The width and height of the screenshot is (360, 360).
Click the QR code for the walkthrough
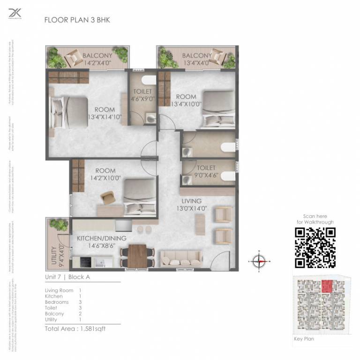click(x=315, y=247)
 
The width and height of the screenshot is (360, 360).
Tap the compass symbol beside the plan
click(x=259, y=261)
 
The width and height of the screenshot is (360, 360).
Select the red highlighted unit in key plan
click(x=327, y=285)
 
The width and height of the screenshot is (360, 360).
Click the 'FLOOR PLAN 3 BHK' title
click(x=77, y=20)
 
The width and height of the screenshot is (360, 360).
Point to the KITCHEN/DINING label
click(x=102, y=238)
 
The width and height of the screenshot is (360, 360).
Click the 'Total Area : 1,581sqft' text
click(x=75, y=329)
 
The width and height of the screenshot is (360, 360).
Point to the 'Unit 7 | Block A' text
click(x=67, y=277)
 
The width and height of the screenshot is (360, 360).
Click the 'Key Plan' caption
click(x=304, y=338)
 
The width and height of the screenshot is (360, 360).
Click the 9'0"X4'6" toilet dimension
click(x=206, y=174)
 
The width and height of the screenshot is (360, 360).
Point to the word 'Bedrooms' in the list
click(x=56, y=302)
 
